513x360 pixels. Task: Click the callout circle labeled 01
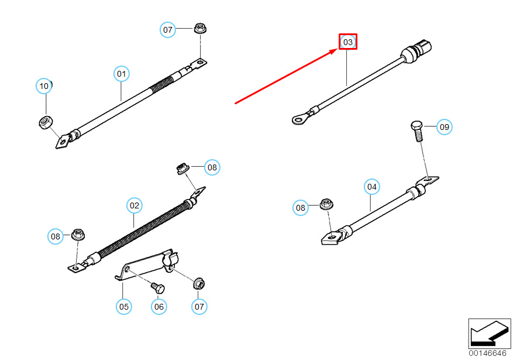pos(122,74)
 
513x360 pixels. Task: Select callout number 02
pos(135,205)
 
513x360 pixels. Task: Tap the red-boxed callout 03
pos(348,42)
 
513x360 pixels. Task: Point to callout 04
pos(371,187)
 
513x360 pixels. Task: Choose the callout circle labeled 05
pos(124,307)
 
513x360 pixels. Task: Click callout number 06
pos(159,307)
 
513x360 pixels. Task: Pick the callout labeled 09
pos(445,127)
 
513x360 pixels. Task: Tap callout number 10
pos(44,86)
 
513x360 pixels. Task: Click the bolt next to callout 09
pos(417,131)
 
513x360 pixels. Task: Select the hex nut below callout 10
pos(46,122)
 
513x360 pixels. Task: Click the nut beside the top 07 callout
pos(200,28)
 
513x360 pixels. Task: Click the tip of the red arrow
pos(338,49)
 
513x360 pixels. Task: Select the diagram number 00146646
pos(487,353)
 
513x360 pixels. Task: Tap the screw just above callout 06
pos(158,288)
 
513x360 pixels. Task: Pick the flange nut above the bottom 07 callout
pos(199,283)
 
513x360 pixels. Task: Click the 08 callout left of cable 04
pos(300,207)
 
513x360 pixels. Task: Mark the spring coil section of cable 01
pos(161,84)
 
